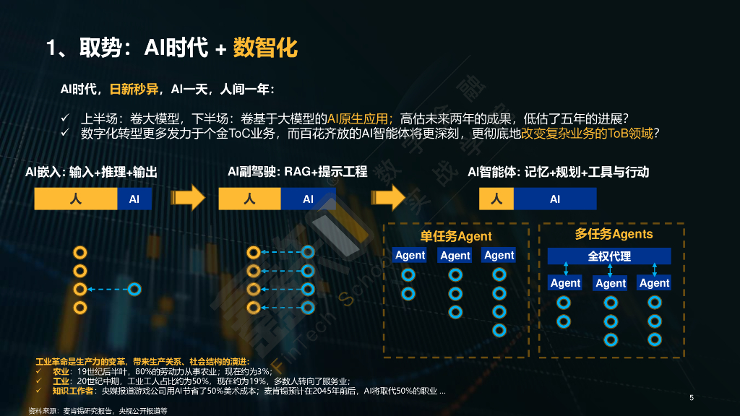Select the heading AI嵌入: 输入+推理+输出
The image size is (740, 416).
tap(91, 172)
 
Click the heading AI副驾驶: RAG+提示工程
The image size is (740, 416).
tap(297, 172)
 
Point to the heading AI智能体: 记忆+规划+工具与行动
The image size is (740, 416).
tap(558, 172)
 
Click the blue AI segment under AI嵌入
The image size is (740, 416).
tap(134, 199)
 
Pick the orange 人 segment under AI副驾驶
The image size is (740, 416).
tap(250, 199)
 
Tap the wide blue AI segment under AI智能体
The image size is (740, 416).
tap(554, 199)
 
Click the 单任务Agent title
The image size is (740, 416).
tap(455, 236)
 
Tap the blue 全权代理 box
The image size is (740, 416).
tap(609, 256)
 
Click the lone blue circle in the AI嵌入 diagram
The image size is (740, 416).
tap(134, 290)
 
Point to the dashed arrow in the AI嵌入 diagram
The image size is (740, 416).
tap(107, 290)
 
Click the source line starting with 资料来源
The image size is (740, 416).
tap(98, 410)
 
